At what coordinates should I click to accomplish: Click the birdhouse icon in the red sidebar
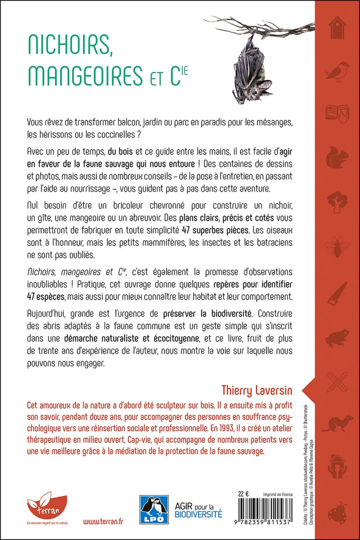[337, 28]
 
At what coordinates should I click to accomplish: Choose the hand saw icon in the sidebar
[337, 293]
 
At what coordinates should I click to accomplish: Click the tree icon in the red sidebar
[337, 203]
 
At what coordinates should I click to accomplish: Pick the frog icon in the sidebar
[337, 337]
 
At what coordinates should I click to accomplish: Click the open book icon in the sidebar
[337, 114]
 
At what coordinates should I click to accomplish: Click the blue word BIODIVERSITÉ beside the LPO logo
[191, 515]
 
